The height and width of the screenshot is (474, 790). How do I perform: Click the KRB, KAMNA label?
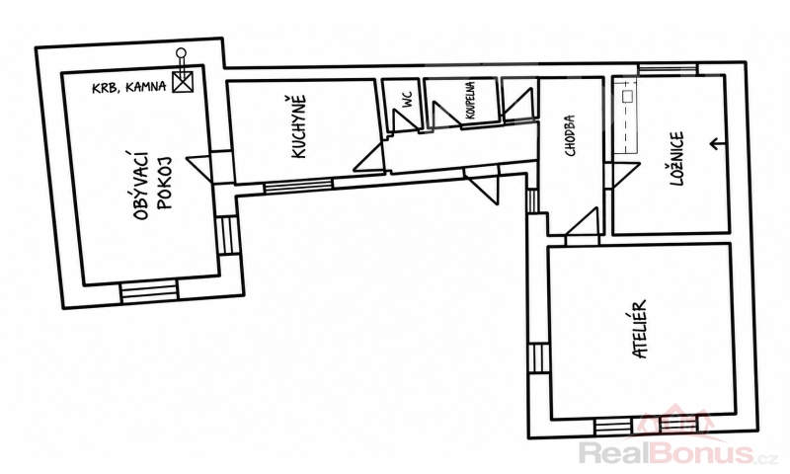coord(129,87)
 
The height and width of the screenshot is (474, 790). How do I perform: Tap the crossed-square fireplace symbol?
coord(183,82)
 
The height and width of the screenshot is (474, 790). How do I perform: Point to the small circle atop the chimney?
coord(181,52)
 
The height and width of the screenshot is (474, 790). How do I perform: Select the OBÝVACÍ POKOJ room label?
coord(153,184)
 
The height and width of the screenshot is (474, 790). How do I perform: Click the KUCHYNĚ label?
coord(299,127)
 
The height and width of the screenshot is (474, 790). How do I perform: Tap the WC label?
coord(407,99)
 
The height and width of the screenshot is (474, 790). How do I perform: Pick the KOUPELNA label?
coord(470,101)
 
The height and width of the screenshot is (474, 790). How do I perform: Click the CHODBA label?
coord(570,135)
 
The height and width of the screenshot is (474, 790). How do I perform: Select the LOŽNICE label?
coord(676,159)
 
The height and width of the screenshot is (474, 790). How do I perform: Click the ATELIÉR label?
coord(639,330)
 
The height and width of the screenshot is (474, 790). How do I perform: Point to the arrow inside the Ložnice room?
coord(718,144)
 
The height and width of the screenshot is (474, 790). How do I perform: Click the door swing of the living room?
coord(200,168)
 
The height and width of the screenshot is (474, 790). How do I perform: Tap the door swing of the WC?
coord(405,120)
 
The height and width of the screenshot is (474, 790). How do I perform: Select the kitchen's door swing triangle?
coord(371,157)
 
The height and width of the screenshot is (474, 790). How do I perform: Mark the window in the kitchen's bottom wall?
coord(298,186)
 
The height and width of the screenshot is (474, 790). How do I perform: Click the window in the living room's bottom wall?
coord(149,292)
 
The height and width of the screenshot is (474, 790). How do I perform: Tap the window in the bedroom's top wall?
coord(668,69)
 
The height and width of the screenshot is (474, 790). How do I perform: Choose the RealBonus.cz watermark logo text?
coord(676,452)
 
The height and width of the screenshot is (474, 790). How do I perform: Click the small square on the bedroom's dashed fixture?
coord(628,96)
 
